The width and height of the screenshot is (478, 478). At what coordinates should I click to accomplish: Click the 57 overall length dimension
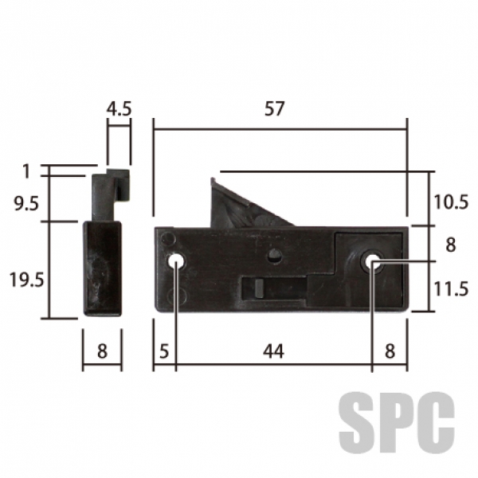point(274,109)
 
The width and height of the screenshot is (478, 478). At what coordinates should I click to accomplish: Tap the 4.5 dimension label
point(119,109)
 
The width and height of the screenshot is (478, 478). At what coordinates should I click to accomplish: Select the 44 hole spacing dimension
point(274,351)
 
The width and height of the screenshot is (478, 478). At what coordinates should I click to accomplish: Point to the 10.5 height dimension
point(451,202)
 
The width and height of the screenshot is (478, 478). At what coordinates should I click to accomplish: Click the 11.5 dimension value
point(451,288)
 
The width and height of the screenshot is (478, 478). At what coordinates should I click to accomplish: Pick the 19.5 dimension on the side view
point(27,280)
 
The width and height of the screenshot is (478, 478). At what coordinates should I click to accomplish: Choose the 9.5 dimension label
point(27,203)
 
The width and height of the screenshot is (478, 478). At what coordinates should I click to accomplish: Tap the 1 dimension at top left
point(26,171)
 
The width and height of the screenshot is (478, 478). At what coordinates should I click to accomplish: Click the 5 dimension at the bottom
point(164,351)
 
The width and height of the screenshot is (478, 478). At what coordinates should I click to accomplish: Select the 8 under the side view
point(103,351)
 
